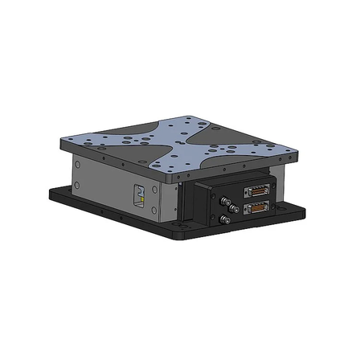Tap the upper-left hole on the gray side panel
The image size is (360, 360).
coord(78,164)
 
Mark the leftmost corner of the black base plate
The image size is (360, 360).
coord(47,191)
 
